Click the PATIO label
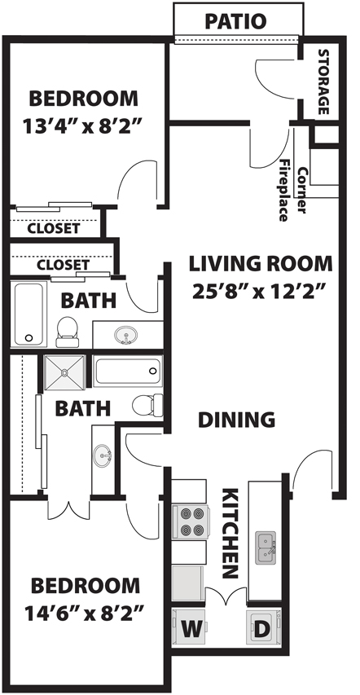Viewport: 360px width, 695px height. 235,21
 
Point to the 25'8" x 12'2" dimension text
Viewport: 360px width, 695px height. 261,291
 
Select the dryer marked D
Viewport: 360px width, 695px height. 264,627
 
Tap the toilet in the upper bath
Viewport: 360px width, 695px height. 67,332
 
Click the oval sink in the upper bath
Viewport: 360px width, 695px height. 125,335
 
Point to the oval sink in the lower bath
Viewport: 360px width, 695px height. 103,455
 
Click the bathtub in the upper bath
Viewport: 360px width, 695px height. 29,315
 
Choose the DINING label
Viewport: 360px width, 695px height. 236,420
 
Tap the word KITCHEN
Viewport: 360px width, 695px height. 230,533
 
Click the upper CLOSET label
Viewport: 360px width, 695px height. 54,229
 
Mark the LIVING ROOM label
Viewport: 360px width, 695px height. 261,264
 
